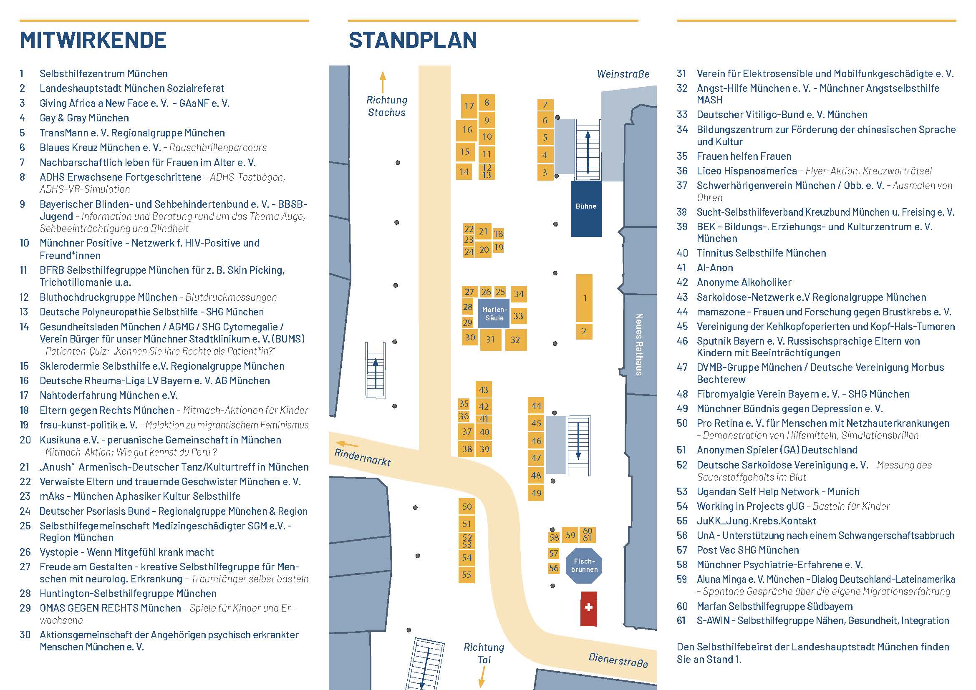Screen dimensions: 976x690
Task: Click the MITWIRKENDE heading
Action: coord(93,40)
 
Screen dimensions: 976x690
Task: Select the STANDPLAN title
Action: coord(413,40)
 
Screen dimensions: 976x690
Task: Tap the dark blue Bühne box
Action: coord(586,209)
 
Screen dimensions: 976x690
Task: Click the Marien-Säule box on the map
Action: coord(494,314)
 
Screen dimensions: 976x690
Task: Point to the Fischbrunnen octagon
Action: coord(584,566)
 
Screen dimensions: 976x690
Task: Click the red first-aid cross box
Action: coord(589,609)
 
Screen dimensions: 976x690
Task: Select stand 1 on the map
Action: coord(585,298)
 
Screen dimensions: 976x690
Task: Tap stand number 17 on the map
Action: coord(469,106)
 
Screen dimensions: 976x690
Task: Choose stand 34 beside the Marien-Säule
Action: coord(519,294)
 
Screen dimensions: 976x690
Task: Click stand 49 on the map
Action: coord(536,493)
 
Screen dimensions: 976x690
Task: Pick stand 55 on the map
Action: coord(467,575)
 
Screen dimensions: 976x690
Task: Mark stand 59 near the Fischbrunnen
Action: coord(570,535)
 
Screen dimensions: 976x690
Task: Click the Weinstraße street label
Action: coord(623,74)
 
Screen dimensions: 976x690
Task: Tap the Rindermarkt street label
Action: coord(363,457)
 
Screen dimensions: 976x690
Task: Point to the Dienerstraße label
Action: coord(618,660)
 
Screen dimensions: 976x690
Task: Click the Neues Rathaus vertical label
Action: coord(639,345)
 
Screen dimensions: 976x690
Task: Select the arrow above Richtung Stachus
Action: coord(383,83)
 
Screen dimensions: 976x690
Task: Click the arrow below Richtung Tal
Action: coord(482,677)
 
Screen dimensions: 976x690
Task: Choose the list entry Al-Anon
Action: coord(715,268)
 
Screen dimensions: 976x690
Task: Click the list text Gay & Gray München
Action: coord(84,118)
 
